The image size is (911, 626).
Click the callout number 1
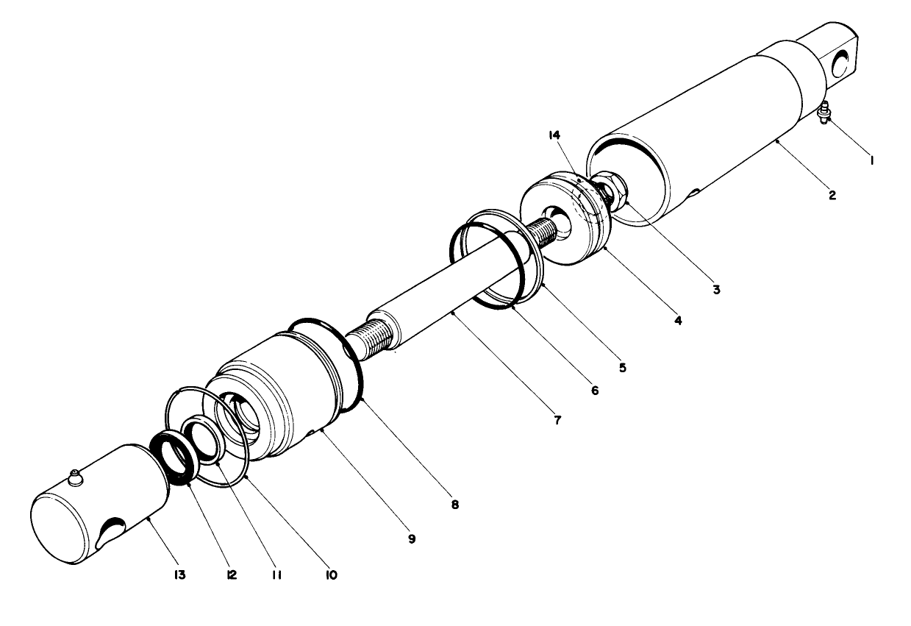point(871,159)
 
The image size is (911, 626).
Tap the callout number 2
point(832,196)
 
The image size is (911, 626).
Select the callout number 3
point(715,289)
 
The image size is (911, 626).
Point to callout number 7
point(557,420)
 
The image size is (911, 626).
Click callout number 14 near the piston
point(554,135)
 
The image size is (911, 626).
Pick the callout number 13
point(180,575)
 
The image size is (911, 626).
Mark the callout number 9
point(412,538)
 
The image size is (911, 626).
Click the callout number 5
point(622,366)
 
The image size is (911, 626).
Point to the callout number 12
point(232,575)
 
